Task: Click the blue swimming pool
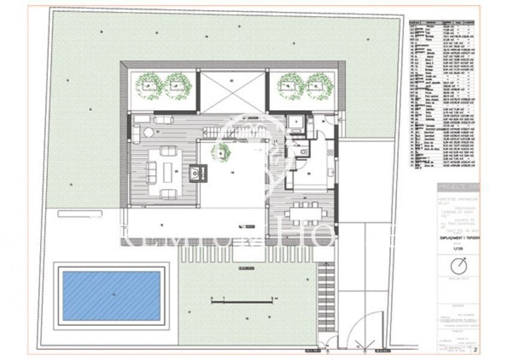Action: pos(112,295)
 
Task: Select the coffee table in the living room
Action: pos(168,172)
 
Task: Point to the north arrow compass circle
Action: pos(459,265)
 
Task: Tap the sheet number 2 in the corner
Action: pos(475,348)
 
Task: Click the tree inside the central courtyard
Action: pos(223,153)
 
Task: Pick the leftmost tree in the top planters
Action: pos(149,86)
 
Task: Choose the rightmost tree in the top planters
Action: pos(320,86)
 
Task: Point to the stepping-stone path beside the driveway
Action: pos(326,294)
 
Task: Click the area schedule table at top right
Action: pos(443,93)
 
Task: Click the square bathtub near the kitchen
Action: pos(296,123)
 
